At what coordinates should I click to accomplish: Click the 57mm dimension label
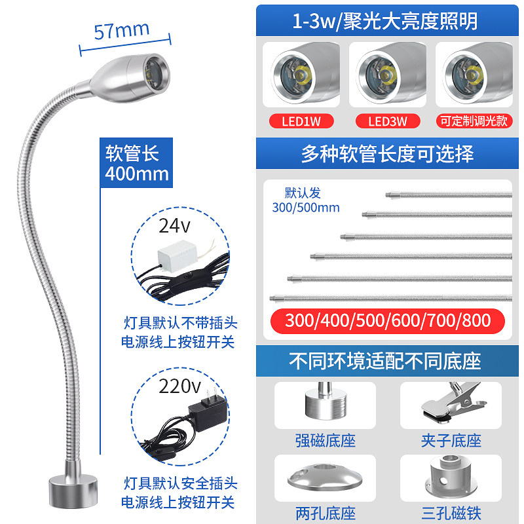click(x=122, y=30)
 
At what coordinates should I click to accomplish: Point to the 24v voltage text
click(x=174, y=226)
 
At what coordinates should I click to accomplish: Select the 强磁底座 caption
click(x=325, y=441)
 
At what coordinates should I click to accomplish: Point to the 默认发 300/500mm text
click(x=306, y=200)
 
